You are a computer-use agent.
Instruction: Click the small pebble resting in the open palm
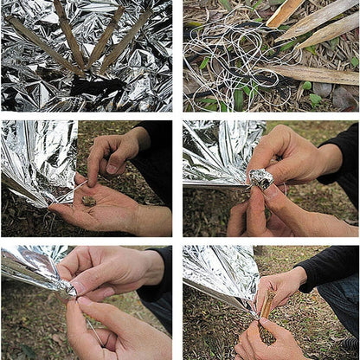[88, 201]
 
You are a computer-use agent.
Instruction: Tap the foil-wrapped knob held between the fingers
[260, 179]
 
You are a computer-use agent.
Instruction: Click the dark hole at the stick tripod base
[95, 87]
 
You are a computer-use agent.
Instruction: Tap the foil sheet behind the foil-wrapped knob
[212, 151]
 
